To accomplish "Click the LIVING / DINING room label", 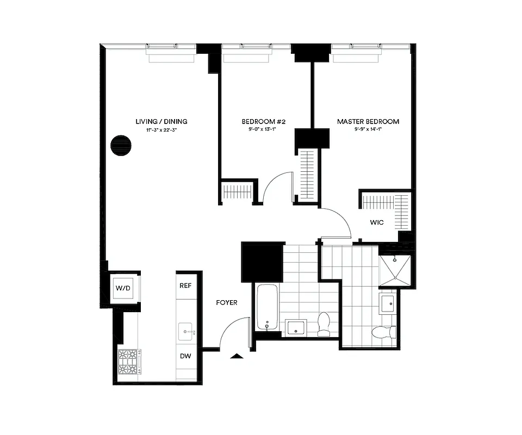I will (161, 121).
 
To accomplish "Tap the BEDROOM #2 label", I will (259, 121).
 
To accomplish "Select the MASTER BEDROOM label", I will (368, 121).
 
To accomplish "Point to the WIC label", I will (377, 222).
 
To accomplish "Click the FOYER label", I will (226, 302).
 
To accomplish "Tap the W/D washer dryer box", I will (123, 288).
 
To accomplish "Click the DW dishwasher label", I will (185, 356).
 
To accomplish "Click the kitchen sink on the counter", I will (186, 330).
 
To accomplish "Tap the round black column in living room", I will (121, 145).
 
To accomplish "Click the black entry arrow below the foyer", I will (237, 356).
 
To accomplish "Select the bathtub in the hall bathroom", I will (267, 307).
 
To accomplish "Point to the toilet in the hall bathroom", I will (324, 323).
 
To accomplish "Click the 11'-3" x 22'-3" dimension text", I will (161, 130).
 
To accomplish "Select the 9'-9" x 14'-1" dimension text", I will (368, 130).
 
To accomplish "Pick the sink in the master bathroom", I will (388, 303).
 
